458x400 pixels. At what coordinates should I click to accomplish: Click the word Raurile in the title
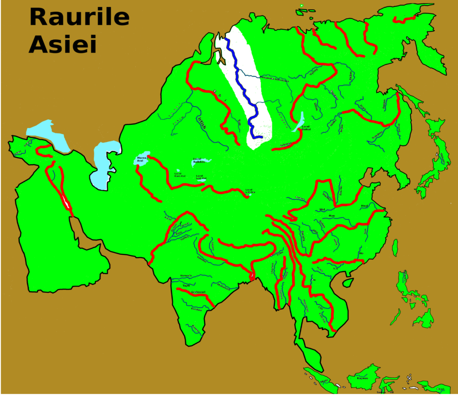click(x=79, y=18)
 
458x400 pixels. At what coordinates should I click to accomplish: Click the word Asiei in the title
click(x=63, y=44)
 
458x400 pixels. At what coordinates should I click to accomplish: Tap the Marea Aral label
click(x=142, y=159)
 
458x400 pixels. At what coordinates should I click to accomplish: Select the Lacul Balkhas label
click(x=199, y=160)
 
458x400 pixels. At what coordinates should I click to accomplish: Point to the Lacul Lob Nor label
click(x=250, y=191)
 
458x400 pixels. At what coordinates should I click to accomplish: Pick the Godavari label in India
click(x=198, y=292)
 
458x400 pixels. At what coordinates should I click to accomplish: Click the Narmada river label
click(x=186, y=276)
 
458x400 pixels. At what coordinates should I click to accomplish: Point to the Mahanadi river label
click(x=224, y=286)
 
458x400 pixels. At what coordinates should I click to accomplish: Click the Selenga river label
click(x=285, y=145)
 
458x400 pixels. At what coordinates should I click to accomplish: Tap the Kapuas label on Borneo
click(x=362, y=378)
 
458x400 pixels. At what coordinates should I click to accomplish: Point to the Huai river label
click(x=364, y=206)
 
